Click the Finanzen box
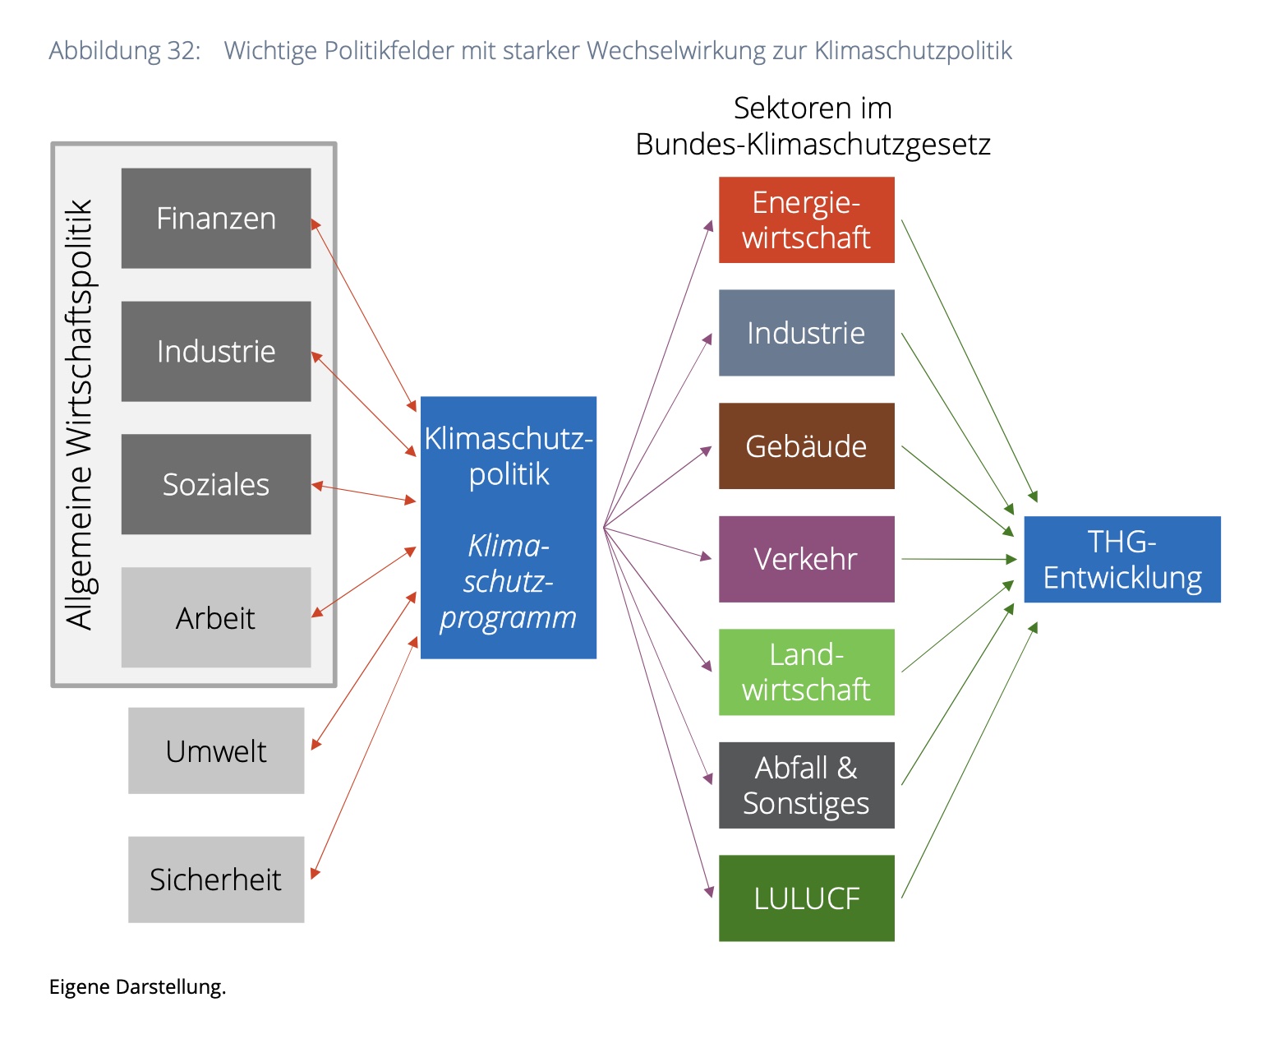(216, 219)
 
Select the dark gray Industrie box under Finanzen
(216, 352)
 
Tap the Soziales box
(216, 484)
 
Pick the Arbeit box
(216, 618)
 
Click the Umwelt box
(216, 751)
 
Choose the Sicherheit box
(216, 880)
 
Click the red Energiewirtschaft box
(807, 220)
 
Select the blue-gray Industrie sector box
(807, 333)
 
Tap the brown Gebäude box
(807, 446)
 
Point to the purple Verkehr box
(807, 559)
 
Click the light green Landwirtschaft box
(807, 672)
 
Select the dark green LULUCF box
(807, 898)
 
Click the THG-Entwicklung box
(1122, 559)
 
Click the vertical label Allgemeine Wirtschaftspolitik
(80, 415)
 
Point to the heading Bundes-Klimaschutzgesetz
(813, 145)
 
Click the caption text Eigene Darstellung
(137, 987)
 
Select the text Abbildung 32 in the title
(125, 51)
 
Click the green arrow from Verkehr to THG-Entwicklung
(959, 559)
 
